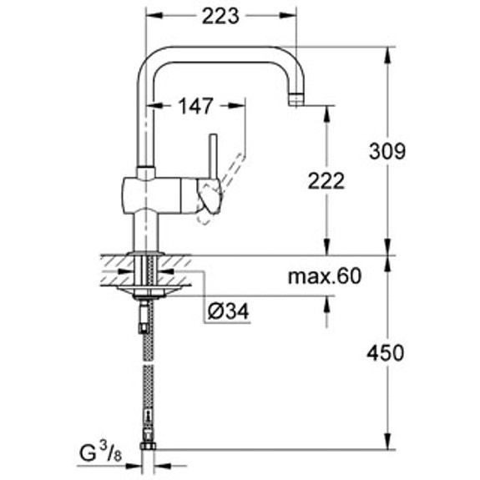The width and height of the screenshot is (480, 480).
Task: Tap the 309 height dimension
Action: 387,151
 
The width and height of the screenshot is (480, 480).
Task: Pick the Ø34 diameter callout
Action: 228,311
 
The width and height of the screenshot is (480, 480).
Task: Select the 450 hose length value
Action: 387,352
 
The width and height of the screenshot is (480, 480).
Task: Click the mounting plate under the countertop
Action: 148,291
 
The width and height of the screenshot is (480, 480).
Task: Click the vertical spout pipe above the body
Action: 141,125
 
